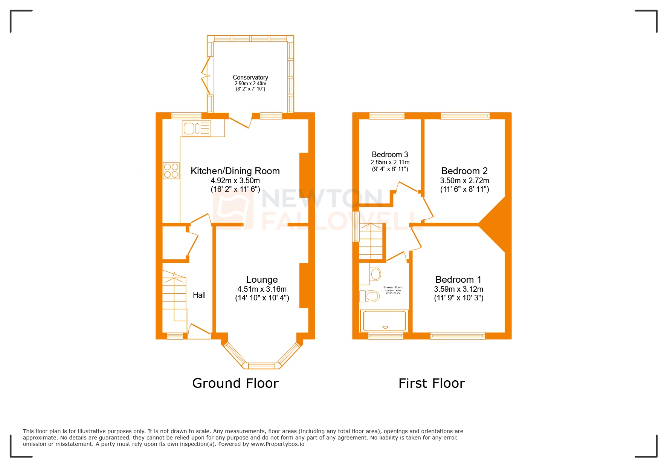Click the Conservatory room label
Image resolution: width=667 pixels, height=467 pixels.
[250, 77]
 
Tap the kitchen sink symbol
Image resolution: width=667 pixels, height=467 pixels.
[196, 128]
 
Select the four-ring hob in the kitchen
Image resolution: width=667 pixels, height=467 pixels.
[171, 170]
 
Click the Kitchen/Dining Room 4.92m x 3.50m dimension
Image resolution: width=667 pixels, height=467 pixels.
[235, 181]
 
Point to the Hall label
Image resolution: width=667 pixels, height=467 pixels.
[199, 295]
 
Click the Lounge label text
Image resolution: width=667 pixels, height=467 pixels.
[262, 280]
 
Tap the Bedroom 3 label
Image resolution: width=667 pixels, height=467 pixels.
[390, 155]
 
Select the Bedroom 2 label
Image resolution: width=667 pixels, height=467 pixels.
[464, 171]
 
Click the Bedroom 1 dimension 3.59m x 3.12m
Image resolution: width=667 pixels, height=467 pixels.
[458, 289]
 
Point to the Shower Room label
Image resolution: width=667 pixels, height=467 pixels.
[393, 287]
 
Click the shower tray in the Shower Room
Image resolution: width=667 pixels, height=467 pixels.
[384, 321]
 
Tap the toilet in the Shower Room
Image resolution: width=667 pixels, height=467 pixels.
[371, 296]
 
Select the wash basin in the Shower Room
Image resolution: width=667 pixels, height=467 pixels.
[375, 274]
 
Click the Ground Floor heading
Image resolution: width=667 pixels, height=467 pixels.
[235, 383]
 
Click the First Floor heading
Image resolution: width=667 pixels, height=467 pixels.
[432, 383]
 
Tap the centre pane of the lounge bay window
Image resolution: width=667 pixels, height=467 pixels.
[262, 365]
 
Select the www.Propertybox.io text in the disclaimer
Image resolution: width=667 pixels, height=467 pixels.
[278, 444]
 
